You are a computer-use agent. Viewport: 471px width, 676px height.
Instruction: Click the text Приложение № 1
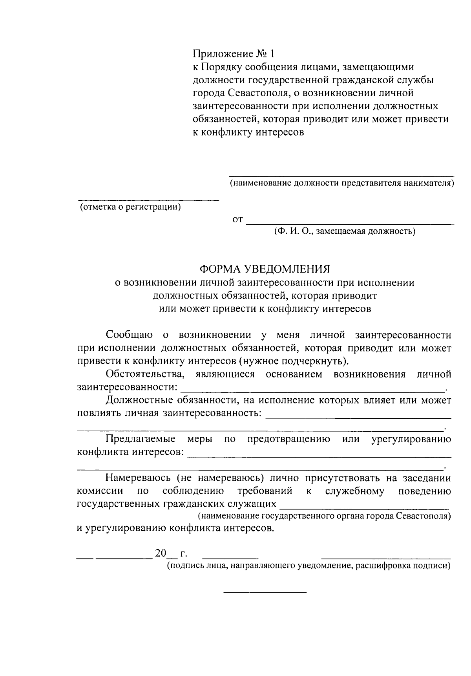pyautogui.click(x=232, y=53)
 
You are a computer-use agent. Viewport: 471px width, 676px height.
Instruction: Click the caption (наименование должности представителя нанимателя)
pyautogui.click(x=341, y=183)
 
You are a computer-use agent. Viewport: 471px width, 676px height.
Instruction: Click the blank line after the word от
pyautogui.click(x=349, y=223)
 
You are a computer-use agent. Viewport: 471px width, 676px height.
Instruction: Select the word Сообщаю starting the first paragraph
pyautogui.click(x=129, y=335)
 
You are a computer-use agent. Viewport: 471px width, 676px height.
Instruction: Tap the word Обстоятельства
pyautogui.click(x=145, y=374)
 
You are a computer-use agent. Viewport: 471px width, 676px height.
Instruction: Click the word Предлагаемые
pyautogui.click(x=141, y=439)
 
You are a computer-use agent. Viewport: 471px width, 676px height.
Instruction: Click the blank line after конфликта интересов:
pyautogui.click(x=319, y=456)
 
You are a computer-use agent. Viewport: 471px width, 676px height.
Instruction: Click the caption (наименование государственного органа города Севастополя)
pyautogui.click(x=324, y=516)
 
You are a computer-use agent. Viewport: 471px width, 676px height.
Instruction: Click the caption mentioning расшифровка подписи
pyautogui.click(x=308, y=566)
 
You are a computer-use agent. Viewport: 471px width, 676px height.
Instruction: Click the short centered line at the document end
pyautogui.click(x=265, y=592)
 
